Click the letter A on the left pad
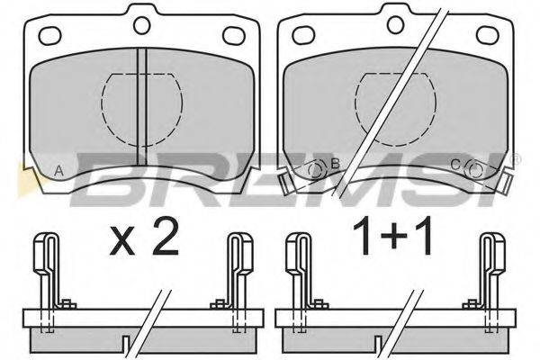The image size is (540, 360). point(59,171)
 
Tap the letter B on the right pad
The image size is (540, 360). point(335,163)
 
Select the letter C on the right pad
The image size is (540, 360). point(455,165)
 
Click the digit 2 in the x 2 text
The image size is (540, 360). point(166,237)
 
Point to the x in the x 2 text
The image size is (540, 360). point(122,242)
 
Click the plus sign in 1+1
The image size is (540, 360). point(394,237)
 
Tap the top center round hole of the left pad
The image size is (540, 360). point(142,25)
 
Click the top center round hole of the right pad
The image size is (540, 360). point(395,23)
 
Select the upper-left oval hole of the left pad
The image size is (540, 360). point(49,35)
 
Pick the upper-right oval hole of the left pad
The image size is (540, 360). point(234,35)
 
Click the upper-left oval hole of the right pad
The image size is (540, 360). point(304,34)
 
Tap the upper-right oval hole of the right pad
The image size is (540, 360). point(487,34)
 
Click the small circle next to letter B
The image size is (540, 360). point(317,169)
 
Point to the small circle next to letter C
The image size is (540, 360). point(474,169)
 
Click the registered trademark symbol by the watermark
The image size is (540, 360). point(517,159)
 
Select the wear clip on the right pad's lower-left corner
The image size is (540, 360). point(284,184)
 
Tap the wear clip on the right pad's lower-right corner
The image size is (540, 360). point(506,183)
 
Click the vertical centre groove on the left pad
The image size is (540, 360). point(142,106)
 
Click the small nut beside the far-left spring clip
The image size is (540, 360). point(68,304)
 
